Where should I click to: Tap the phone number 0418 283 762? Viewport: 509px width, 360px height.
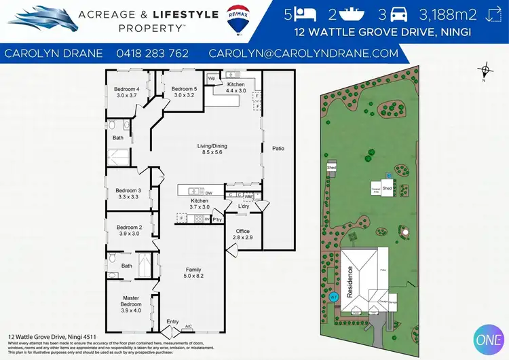click(153, 53)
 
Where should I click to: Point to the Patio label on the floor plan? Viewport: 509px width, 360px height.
click(278, 148)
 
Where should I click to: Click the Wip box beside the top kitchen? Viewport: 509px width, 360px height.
click(211, 79)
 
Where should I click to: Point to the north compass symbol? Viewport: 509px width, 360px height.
click(485, 71)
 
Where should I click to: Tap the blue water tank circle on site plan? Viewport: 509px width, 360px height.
click(333, 297)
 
